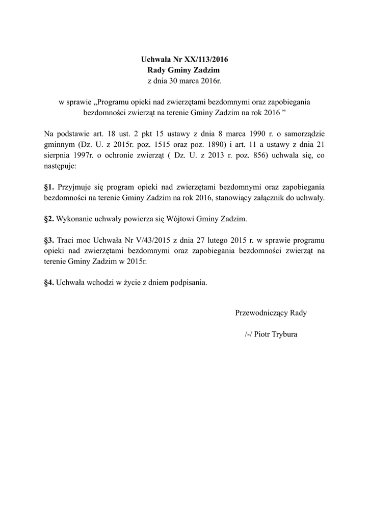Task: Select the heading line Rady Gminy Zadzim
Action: pos(184,70)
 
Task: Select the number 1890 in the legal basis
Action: pos(214,144)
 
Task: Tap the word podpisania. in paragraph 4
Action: pos(189,281)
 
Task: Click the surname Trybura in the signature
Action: pos(283,334)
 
